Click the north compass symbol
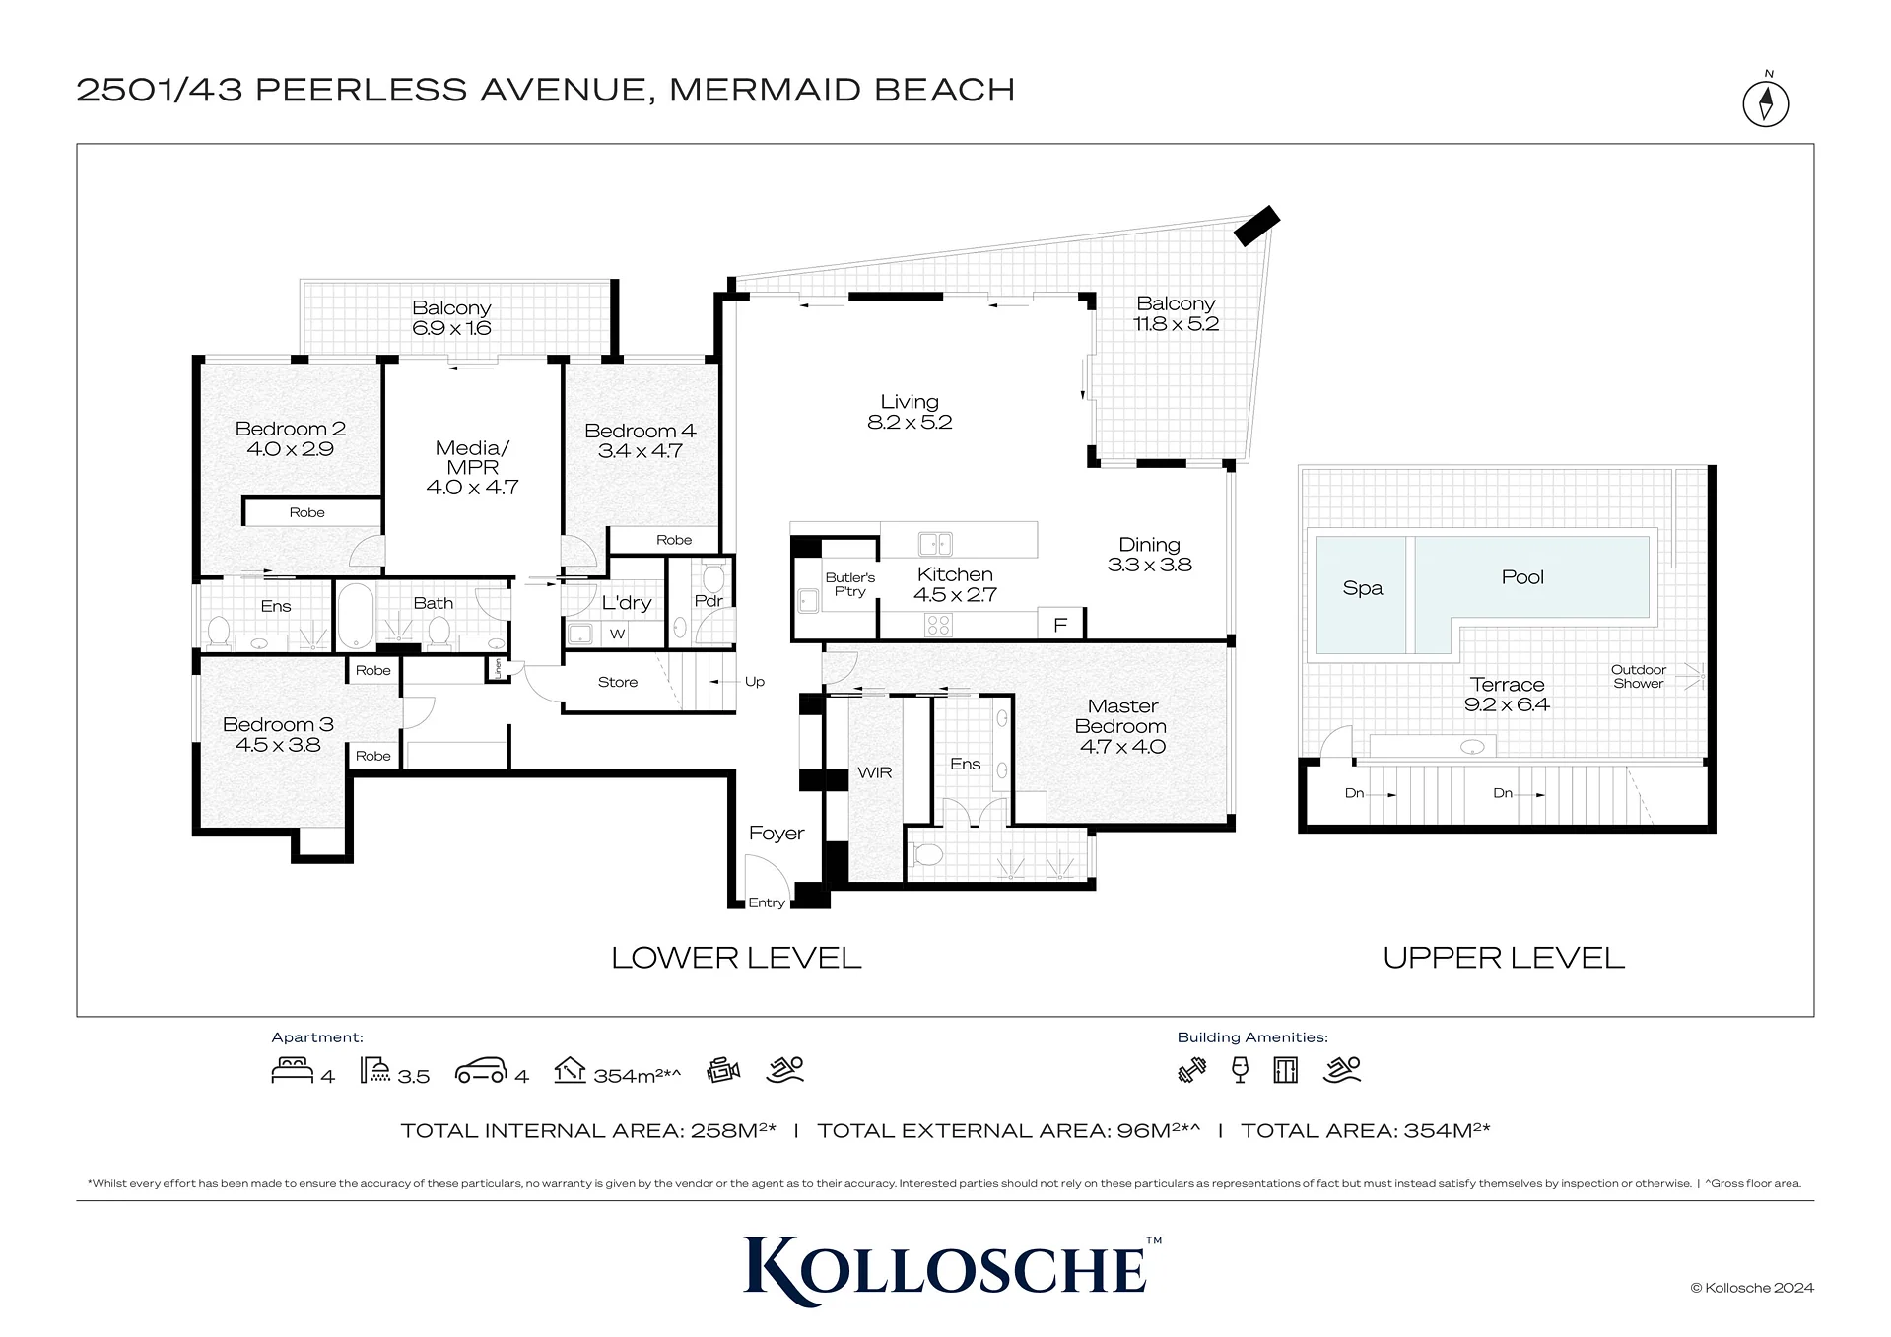point(1765,102)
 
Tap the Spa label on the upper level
point(1363,588)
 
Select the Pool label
point(1522,577)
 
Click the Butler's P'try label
point(850,584)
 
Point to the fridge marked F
point(1060,625)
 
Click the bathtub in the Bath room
point(355,616)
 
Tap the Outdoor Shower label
point(1639,676)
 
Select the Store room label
point(618,682)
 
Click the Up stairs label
point(755,681)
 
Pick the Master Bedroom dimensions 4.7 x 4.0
point(1122,747)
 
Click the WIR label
point(875,772)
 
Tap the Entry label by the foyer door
point(767,902)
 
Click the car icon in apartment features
point(481,1071)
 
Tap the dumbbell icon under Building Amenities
point(1192,1070)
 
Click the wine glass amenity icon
point(1241,1070)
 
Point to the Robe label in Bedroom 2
point(307,512)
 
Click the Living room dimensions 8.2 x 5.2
point(910,423)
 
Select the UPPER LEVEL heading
point(1504,958)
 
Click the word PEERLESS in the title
point(363,90)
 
